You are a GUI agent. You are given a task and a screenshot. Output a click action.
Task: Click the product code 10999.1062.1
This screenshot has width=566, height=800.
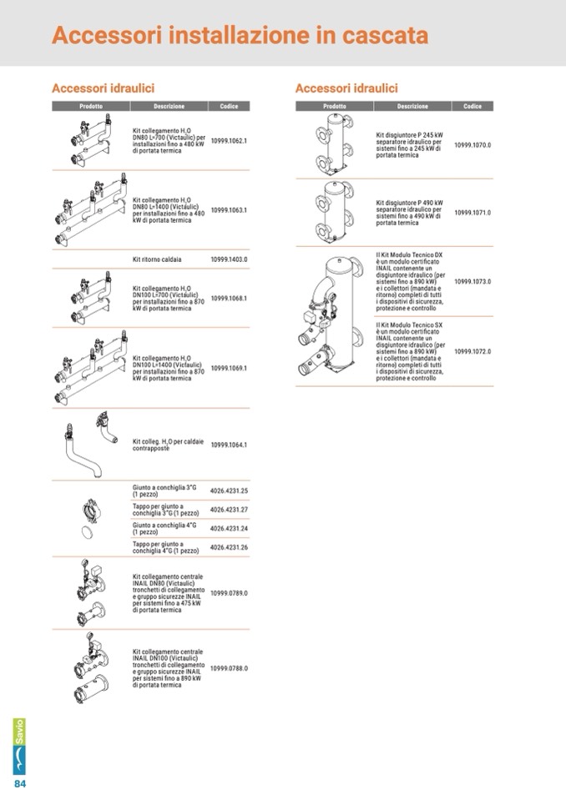click(x=229, y=140)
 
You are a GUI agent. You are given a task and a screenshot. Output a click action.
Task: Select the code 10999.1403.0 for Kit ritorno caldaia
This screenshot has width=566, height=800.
click(x=229, y=259)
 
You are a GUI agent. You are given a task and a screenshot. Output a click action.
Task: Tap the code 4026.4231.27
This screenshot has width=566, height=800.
click(x=229, y=510)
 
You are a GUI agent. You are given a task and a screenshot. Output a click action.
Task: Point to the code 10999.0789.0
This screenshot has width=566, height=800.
click(x=229, y=593)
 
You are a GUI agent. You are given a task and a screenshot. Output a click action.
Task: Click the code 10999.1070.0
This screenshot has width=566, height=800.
click(x=473, y=145)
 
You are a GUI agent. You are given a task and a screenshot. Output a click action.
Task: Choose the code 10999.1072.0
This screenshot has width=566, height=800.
click(x=473, y=351)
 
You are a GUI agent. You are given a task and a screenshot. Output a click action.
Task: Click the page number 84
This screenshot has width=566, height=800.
click(x=20, y=783)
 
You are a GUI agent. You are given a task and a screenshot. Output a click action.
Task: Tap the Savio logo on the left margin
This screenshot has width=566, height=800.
click(x=19, y=747)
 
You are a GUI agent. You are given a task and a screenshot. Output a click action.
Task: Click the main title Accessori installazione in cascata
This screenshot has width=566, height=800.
click(x=240, y=35)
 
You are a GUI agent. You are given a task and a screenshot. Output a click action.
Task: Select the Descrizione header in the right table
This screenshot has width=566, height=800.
click(x=412, y=106)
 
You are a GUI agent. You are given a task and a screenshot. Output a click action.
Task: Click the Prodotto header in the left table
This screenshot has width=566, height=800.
click(x=91, y=106)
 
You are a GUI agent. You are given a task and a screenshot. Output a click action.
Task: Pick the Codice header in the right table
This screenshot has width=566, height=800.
click(x=473, y=106)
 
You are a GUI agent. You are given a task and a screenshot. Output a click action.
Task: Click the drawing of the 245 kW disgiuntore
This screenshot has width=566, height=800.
click(x=334, y=144)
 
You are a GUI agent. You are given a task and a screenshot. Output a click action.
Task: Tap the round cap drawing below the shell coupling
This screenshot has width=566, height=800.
click(x=88, y=532)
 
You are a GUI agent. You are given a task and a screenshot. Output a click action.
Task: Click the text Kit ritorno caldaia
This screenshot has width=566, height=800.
click(x=157, y=259)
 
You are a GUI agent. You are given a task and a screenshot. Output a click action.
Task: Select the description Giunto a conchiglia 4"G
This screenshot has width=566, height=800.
click(x=164, y=528)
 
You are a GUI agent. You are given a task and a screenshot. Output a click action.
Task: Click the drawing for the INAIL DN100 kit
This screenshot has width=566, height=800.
click(x=91, y=668)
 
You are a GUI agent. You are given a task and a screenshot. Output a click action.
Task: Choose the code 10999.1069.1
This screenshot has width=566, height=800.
click(x=229, y=368)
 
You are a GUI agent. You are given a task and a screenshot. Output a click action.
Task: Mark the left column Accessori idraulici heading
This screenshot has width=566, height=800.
click(x=103, y=88)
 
